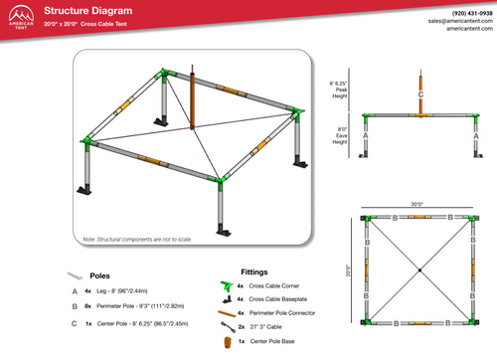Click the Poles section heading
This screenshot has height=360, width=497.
tap(99, 275)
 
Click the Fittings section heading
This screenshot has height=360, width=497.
tap(254, 270)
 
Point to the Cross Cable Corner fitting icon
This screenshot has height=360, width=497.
tap(226, 284)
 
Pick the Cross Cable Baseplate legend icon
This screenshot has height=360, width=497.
tap(226, 298)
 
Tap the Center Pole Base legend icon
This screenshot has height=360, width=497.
tap(226, 341)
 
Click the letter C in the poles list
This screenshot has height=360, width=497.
tap(74, 323)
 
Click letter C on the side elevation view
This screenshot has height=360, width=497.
tap(421, 94)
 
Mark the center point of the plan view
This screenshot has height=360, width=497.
tap(419, 270)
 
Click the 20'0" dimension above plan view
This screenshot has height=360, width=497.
tap(418, 203)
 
